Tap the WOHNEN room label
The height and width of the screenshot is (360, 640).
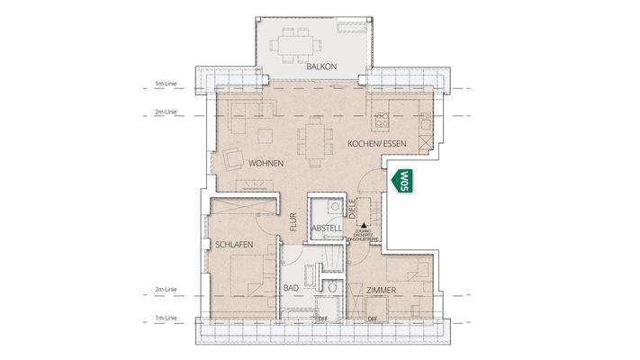coord(267,163)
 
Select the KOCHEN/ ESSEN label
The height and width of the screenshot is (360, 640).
coord(375,144)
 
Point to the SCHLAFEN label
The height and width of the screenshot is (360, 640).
coord(232,245)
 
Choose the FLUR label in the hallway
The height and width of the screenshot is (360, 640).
coord(293,223)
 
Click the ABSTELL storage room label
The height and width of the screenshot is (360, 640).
coord(326,229)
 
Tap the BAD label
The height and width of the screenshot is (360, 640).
coord(290,289)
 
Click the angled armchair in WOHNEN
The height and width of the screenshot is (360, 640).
coord(234,161)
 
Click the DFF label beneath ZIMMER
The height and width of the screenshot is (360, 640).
coord(372,319)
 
